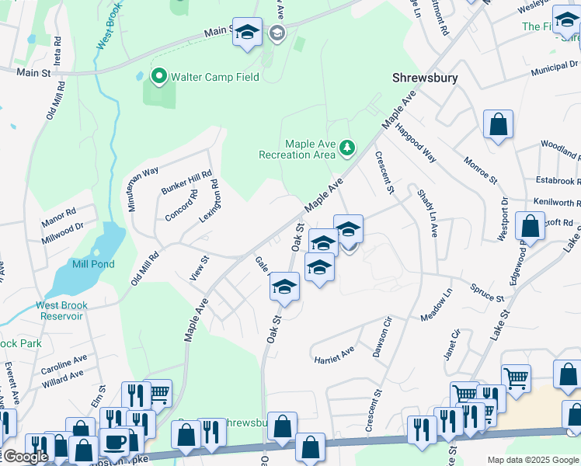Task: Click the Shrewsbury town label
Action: tap(425, 78)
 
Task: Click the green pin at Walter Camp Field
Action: tap(159, 76)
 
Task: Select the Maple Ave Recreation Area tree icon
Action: tap(348, 147)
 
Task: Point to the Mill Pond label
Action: tap(93, 264)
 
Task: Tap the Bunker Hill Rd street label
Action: tap(186, 184)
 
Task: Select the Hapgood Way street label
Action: tap(416, 143)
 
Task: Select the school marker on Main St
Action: tap(247, 33)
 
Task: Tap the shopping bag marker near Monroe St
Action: tap(497, 125)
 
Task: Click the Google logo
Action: tap(26, 457)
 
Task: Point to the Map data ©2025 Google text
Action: tap(533, 460)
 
